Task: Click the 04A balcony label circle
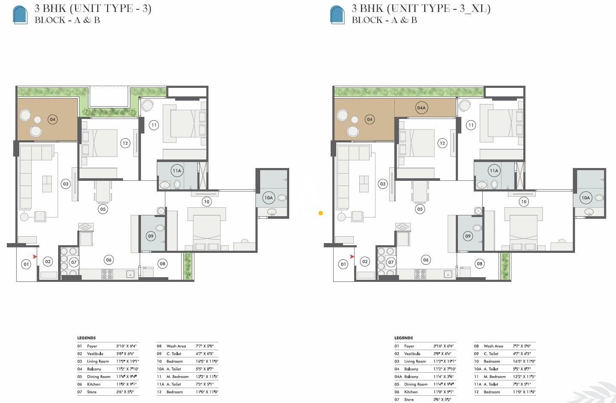click(421, 108)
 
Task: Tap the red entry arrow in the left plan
click(35, 257)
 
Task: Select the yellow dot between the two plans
click(321, 213)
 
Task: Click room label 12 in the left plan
click(125, 143)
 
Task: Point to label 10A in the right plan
click(585, 197)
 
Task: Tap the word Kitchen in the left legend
click(94, 384)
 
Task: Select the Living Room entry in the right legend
click(415, 361)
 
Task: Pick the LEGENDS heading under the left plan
click(86, 338)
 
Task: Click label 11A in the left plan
click(177, 171)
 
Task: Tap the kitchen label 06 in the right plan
click(425, 260)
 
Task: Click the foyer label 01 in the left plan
click(26, 264)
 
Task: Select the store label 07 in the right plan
click(391, 262)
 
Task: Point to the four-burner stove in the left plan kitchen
click(107, 274)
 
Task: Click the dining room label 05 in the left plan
click(103, 209)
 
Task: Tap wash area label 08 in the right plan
click(479, 264)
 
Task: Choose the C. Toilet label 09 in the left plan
click(150, 236)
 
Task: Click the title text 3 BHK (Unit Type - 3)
click(93, 8)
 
